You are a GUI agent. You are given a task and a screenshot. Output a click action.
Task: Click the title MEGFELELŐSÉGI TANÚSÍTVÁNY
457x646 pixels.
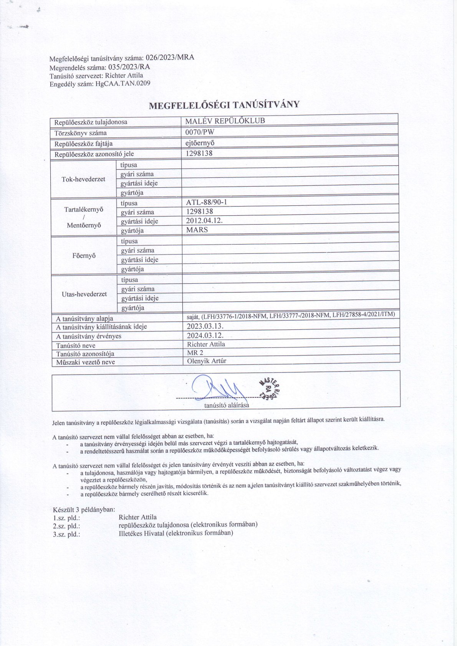coord(224,105)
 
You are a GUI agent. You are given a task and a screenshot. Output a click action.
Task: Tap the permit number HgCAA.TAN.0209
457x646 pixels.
coord(122,83)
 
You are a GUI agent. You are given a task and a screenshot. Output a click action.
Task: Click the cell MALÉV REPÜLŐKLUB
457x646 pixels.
coord(225,121)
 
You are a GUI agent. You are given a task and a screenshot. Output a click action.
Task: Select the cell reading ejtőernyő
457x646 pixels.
coord(200,143)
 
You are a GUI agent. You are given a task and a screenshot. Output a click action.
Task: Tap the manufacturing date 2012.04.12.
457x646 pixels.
coord(204,221)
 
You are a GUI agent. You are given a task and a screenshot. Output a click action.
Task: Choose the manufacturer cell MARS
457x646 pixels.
coord(197,230)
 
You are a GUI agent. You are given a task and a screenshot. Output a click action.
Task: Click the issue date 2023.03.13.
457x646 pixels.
coord(205,326)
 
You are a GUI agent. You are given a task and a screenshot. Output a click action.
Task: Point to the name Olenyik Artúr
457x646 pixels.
coord(207,361)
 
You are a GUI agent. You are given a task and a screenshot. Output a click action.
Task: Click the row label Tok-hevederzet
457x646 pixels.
coord(83,179)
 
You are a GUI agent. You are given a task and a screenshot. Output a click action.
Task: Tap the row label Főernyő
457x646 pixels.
coord(84,256)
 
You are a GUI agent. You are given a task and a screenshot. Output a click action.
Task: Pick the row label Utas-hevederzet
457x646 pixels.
coord(84,294)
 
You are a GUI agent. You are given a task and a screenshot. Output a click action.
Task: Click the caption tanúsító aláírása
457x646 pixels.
coord(227,405)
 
